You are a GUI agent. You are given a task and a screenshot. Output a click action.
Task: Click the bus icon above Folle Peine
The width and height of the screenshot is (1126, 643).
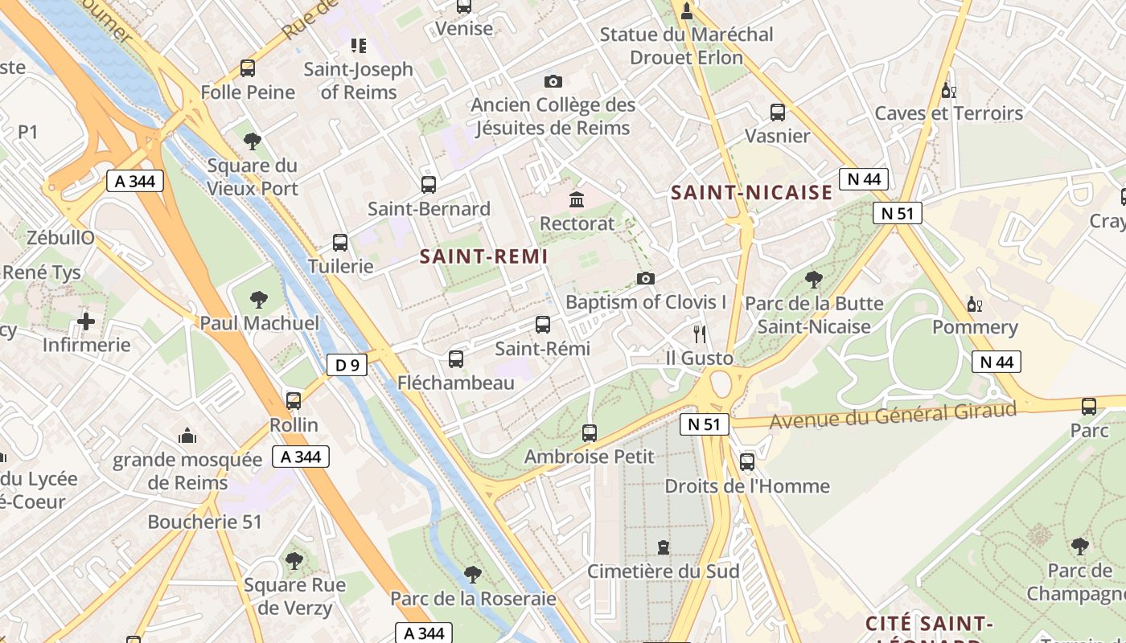pos(248,68)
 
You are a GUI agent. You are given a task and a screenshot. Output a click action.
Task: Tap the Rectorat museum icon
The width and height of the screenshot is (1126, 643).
pos(577,199)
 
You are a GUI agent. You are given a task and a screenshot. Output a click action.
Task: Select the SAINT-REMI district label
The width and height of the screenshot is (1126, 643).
pos(483,256)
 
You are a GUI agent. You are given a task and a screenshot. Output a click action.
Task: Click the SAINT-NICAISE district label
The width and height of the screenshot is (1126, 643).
pos(751,192)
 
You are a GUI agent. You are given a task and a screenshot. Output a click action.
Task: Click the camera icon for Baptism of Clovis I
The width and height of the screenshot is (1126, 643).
pos(645,278)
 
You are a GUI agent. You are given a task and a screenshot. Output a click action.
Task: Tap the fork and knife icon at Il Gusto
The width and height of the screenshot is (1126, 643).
pos(700,334)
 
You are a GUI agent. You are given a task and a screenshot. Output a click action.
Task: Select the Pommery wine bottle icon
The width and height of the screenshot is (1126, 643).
pos(974,304)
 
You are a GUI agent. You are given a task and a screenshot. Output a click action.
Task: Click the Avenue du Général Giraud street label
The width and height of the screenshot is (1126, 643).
pos(893,416)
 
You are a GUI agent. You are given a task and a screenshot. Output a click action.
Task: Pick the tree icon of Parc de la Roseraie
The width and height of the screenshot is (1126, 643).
pos(473,574)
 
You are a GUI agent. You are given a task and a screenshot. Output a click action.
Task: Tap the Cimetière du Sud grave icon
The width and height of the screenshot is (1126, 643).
pos(663,547)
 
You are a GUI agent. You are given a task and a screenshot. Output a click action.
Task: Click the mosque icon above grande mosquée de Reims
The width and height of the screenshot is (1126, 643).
pos(187,436)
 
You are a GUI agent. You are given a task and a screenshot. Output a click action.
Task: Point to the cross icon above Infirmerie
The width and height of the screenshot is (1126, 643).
pos(86,321)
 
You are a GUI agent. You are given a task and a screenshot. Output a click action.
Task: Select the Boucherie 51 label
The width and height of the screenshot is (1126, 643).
pos(205,522)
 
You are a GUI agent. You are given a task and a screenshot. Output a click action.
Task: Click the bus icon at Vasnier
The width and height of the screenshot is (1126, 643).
pos(777,112)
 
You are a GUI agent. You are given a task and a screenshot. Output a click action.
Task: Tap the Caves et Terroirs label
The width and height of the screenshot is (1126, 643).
pos(948,113)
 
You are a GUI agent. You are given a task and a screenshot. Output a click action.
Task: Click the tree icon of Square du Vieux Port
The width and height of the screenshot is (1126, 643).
pos(253,141)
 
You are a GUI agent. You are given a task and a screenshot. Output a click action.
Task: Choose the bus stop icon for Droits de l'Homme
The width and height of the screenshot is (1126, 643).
pos(747,461)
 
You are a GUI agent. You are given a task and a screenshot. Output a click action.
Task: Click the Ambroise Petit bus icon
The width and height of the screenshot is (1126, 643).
pos(590,432)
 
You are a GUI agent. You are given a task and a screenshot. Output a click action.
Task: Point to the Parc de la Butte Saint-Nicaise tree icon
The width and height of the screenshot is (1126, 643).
pos(813,280)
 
